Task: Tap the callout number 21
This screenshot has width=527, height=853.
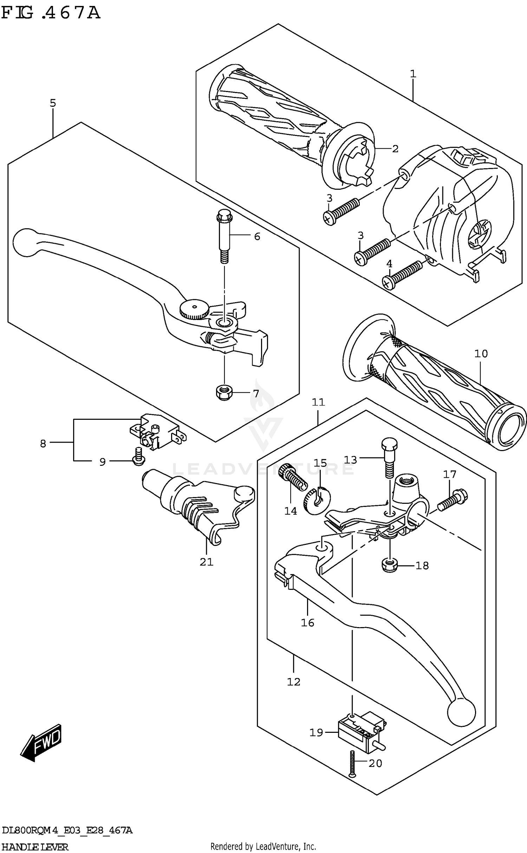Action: pos(207,562)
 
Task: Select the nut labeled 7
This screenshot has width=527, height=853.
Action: pos(223,393)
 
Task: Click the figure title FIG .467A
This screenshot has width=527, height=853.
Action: pos(51,13)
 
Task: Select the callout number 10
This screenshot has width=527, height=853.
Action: pos(481,353)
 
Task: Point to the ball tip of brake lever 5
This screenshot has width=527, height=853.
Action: pos(27,242)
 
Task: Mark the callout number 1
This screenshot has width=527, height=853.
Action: pos(413,74)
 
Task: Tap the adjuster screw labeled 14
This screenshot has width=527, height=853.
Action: pos(292,479)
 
